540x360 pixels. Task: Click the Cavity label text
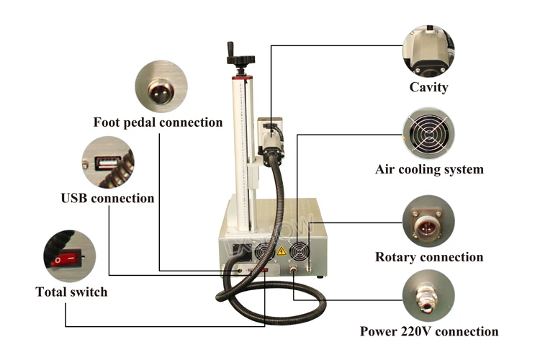click(x=429, y=87)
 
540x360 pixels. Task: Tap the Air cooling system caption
click(x=429, y=170)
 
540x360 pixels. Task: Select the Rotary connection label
click(x=429, y=257)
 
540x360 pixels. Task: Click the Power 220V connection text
click(x=429, y=332)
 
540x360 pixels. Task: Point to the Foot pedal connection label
click(x=158, y=122)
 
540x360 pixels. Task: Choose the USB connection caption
click(x=107, y=197)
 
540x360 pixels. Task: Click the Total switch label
click(x=71, y=292)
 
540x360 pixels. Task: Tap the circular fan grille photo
click(x=429, y=133)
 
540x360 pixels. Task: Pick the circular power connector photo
click(x=429, y=295)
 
